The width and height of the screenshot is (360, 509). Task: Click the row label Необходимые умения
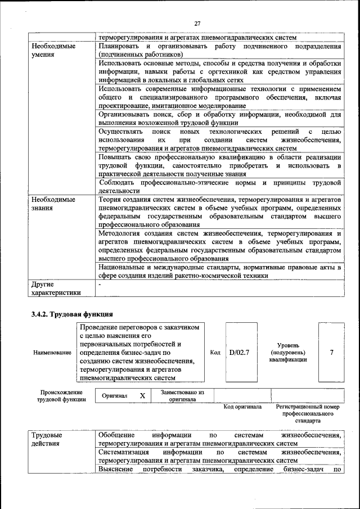(53, 50)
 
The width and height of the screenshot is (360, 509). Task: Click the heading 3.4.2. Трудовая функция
(72, 314)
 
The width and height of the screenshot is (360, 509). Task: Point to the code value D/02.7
(240, 353)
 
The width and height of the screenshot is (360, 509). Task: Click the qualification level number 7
(331, 352)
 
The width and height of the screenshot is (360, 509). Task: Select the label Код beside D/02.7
(215, 353)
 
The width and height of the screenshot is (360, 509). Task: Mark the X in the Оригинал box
(142, 396)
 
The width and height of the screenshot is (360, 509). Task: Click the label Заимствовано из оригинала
(182, 396)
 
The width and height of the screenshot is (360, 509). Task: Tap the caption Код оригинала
(242, 407)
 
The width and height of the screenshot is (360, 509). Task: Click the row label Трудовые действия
(47, 439)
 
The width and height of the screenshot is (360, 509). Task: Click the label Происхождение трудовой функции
(62, 395)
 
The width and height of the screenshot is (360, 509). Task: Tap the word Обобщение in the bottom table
(116, 435)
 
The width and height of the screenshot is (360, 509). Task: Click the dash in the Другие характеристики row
(99, 284)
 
